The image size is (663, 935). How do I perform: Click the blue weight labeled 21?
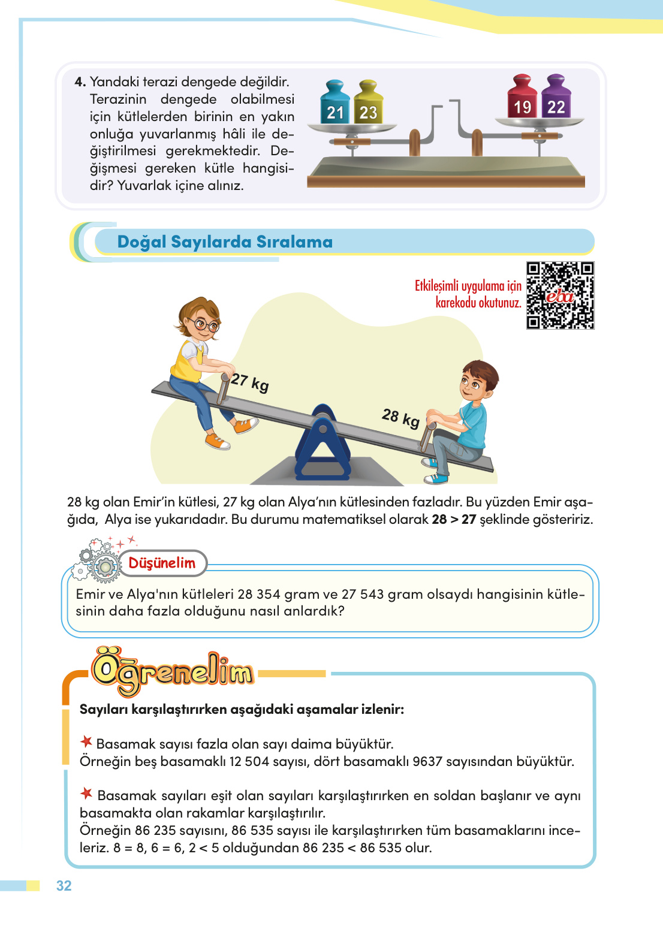[335, 104]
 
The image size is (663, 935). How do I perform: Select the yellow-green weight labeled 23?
[368, 104]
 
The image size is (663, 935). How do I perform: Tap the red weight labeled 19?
[522, 99]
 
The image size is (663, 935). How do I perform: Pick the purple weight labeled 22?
[556, 99]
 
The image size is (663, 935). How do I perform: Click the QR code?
[560, 295]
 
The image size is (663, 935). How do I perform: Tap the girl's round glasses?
[205, 325]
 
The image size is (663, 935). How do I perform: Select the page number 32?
[64, 886]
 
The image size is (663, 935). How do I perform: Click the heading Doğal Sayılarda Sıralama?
[225, 242]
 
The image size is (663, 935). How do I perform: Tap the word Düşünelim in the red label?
[162, 563]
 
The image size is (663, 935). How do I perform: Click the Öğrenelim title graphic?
[173, 672]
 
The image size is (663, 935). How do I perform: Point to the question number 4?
[80, 82]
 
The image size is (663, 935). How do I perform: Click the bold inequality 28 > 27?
[453, 520]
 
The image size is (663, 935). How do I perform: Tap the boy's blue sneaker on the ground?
[436, 478]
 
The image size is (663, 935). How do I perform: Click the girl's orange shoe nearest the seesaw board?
[246, 425]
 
